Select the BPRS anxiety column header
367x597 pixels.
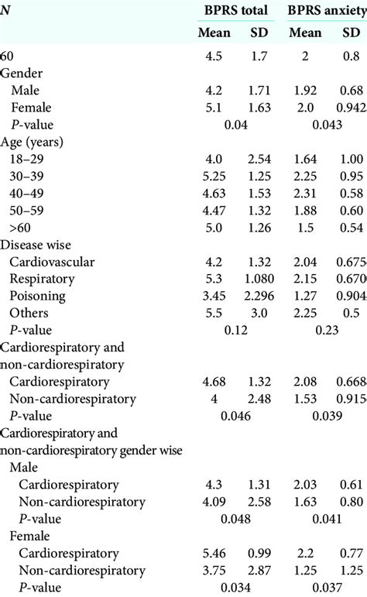pos(325,11)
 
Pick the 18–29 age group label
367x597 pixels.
pos(29,159)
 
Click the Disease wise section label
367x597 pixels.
pos(36,244)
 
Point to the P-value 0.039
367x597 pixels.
pos(329,416)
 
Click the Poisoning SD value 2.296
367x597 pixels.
pos(256,296)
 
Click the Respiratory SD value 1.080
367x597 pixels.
pos(256,279)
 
